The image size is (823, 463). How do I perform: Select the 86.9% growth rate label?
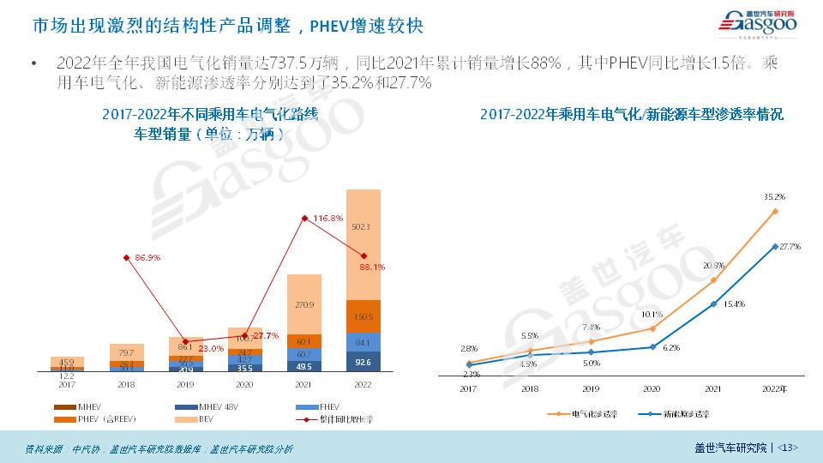coord(148,257)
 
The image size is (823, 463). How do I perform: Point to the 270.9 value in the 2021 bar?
coord(303,304)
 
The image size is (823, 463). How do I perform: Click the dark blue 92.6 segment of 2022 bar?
coord(363,364)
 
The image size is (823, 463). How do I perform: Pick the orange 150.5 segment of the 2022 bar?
coord(363,317)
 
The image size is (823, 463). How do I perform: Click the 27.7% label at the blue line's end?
coord(790,247)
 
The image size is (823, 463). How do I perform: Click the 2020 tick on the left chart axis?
coord(245,384)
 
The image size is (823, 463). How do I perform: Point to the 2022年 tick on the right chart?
coord(775,389)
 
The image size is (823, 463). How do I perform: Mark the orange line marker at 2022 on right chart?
coord(775,211)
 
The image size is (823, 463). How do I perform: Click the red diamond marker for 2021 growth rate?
coord(304,219)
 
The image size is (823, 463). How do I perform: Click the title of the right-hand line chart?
coord(631,114)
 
